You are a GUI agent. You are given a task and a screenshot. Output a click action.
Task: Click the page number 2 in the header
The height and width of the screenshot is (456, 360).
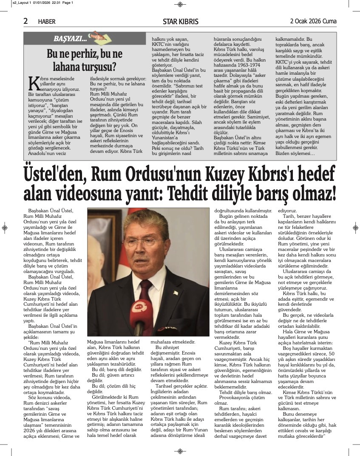click(26, 21)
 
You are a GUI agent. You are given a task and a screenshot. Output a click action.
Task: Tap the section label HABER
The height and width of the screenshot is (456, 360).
click(46, 22)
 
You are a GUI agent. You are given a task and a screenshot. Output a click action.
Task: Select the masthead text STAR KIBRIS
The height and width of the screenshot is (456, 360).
click(180, 22)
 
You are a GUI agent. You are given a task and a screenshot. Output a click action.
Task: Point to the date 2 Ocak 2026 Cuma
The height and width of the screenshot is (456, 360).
click(313, 21)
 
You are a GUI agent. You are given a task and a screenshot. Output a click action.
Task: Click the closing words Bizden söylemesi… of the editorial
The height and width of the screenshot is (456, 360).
click(295, 153)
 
